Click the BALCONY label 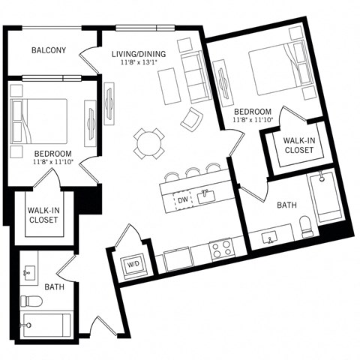coord(49,51)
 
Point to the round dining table coord(149,142)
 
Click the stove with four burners coord(222,249)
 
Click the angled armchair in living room coord(192,118)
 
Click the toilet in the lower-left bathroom coord(31,301)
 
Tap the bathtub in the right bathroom coord(328,197)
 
